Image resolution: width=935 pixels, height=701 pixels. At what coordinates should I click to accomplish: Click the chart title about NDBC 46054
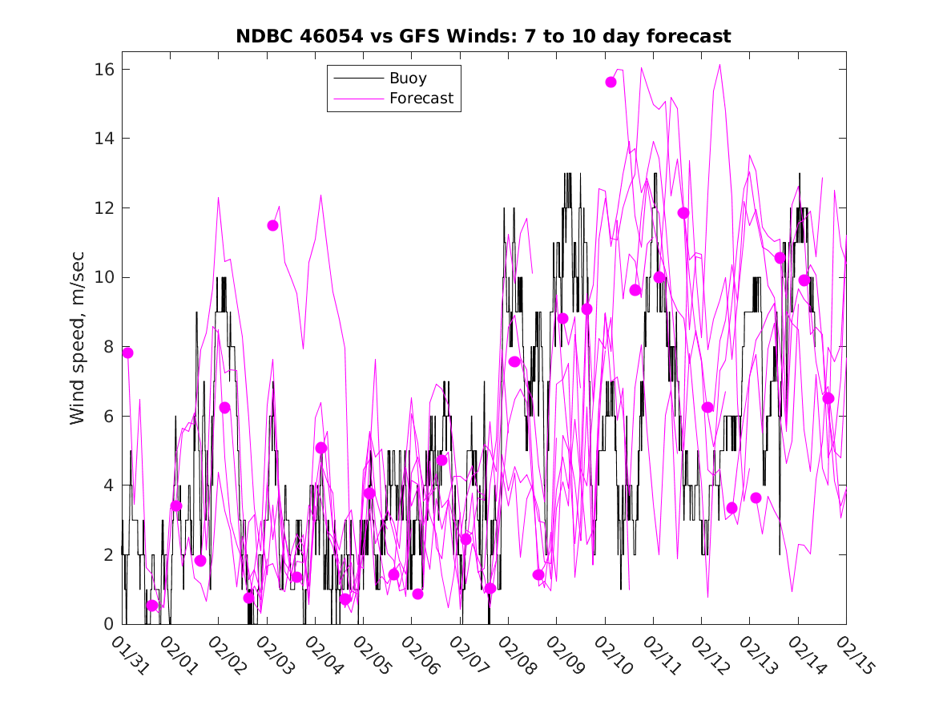coord(482,36)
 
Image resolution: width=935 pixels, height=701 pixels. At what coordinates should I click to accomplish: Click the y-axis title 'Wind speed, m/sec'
coord(77,347)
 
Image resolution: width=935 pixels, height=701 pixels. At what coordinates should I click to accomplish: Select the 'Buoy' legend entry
coord(408,79)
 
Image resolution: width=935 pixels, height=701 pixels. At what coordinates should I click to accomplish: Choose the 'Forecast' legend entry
coord(421,99)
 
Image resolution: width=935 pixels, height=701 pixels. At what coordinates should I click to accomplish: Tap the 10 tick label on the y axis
coord(103,278)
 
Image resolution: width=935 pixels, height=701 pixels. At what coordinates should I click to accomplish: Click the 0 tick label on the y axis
coord(107,624)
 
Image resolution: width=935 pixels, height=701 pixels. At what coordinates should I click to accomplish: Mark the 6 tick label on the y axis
coord(107,417)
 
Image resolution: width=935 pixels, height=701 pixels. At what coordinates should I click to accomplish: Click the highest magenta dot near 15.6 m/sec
coord(611,82)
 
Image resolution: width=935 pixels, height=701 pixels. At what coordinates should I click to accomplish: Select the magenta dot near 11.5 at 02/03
coord(272,225)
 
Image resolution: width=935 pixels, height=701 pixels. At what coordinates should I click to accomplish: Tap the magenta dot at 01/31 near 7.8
coord(127,353)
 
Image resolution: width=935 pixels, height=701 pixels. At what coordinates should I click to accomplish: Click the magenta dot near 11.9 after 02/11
coord(683,212)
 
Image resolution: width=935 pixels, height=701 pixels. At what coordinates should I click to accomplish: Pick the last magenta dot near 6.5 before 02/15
coord(828,398)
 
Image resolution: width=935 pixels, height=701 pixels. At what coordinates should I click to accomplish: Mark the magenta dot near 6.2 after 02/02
coord(224,408)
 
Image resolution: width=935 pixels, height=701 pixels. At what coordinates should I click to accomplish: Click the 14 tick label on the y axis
coord(103,139)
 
